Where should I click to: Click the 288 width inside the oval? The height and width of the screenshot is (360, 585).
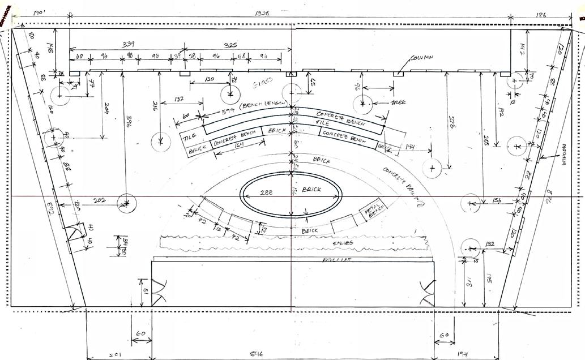point(266,193)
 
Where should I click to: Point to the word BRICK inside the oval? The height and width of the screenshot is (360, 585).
point(312,190)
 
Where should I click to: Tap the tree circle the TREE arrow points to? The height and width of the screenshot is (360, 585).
point(362,104)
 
